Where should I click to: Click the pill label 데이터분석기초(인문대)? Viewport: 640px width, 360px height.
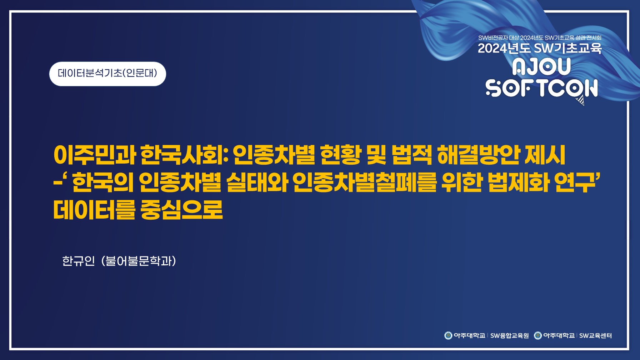point(107,74)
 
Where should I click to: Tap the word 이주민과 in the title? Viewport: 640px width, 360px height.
point(95,155)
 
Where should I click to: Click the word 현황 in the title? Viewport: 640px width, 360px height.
point(340,155)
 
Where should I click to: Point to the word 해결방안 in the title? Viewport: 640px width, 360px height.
point(479,155)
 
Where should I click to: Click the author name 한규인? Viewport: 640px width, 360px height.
point(79,261)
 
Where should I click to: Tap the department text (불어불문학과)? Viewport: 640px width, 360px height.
point(139,261)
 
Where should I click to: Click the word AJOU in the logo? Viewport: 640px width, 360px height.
point(541,67)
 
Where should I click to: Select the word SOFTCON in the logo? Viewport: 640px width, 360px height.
point(541,88)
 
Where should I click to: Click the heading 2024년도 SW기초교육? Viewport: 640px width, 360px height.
point(540,48)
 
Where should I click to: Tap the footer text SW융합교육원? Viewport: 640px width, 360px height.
point(509,336)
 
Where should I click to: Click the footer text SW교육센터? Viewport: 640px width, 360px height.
point(595,336)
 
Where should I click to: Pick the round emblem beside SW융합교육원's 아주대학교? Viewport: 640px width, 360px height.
point(448,335)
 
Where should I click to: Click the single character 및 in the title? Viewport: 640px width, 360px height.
point(376,155)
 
